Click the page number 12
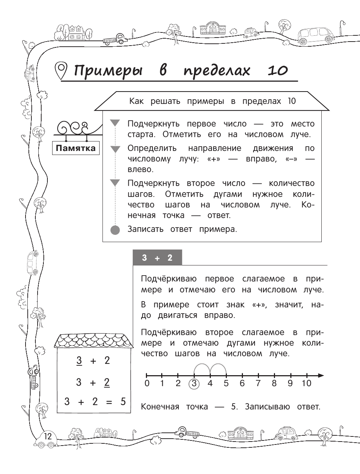tap(48, 436)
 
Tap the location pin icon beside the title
tap(61, 70)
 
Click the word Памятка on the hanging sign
tap(76, 148)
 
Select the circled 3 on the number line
tap(194, 384)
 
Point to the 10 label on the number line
tap(306, 383)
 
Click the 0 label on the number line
tap(147, 383)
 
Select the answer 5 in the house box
tap(123, 401)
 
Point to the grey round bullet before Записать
tap(115, 230)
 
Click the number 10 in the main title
tap(278, 70)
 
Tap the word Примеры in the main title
tap(108, 70)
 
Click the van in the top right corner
tap(316, 35)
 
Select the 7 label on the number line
tap(258, 383)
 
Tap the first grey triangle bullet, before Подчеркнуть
tap(115, 123)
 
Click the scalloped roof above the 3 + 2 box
tap(93, 340)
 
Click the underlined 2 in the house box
tap(107, 382)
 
